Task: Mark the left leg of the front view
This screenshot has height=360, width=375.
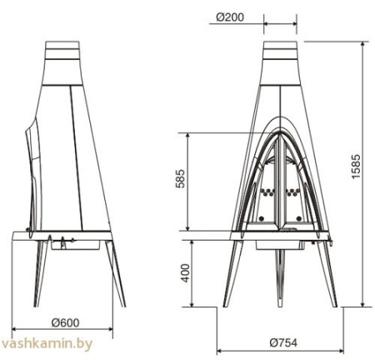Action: [232, 275]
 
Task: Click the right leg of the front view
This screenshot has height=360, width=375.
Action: [330, 275]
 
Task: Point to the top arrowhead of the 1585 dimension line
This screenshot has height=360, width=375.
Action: [364, 43]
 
